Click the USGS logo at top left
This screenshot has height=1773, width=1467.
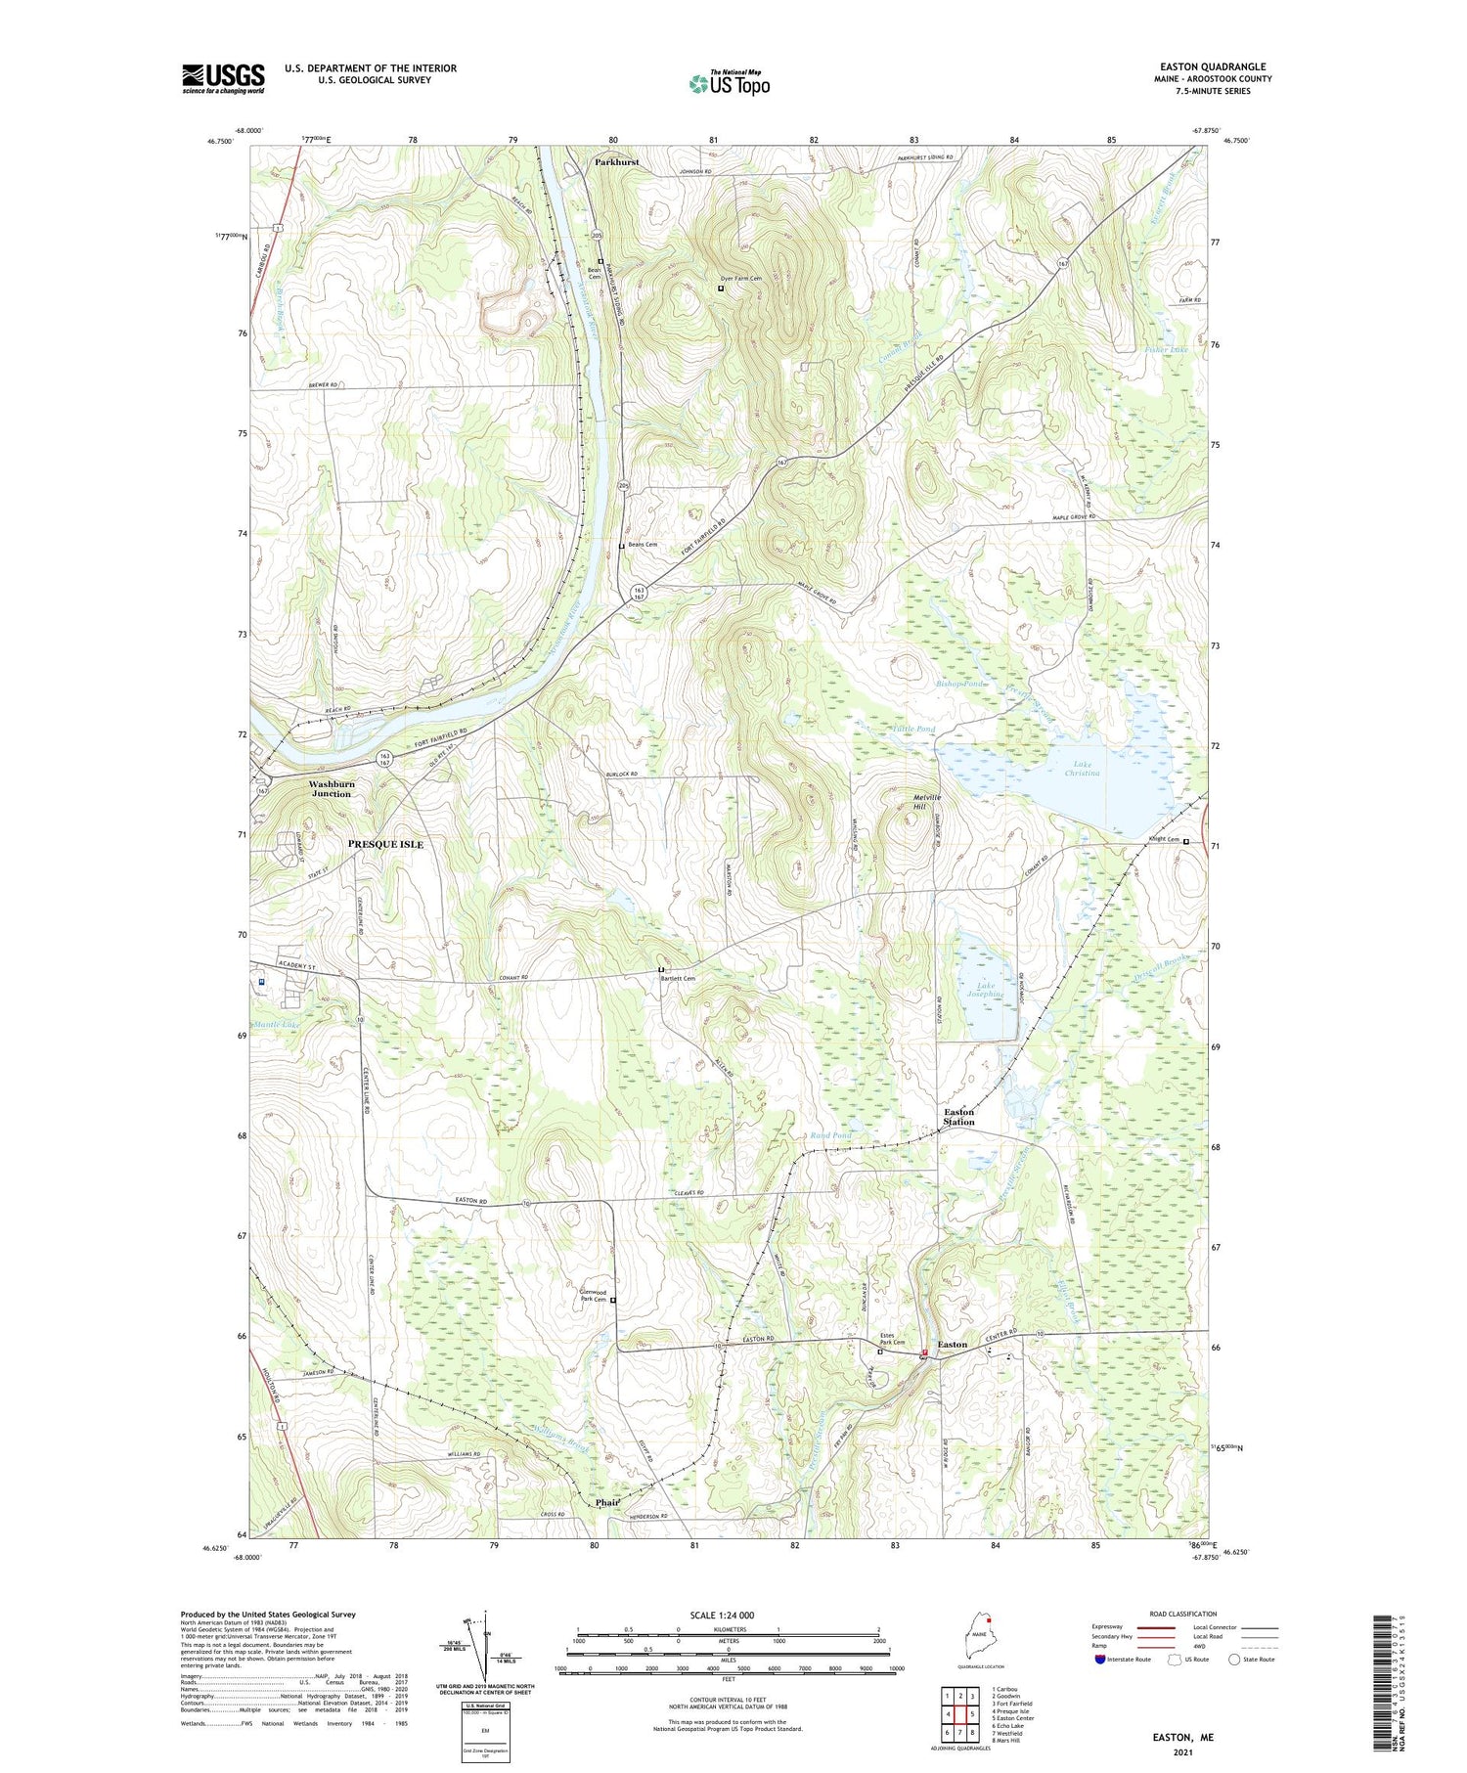point(223,78)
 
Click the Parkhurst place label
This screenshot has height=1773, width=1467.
point(616,162)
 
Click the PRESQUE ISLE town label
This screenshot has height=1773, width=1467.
point(386,844)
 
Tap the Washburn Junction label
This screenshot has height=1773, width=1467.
point(332,789)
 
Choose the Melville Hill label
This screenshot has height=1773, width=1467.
point(926,802)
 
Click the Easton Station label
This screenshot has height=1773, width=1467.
point(958,1117)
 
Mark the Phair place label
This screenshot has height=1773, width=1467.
point(607,1502)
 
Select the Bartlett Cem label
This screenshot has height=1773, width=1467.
point(678,978)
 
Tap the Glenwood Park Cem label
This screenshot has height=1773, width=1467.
point(593,1296)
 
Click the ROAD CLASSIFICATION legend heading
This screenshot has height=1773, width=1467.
point(1183,1614)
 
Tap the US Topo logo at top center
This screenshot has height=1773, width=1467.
point(729,84)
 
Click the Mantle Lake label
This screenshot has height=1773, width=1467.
point(277,1024)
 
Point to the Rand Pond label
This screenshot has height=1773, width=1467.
point(830,1135)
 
